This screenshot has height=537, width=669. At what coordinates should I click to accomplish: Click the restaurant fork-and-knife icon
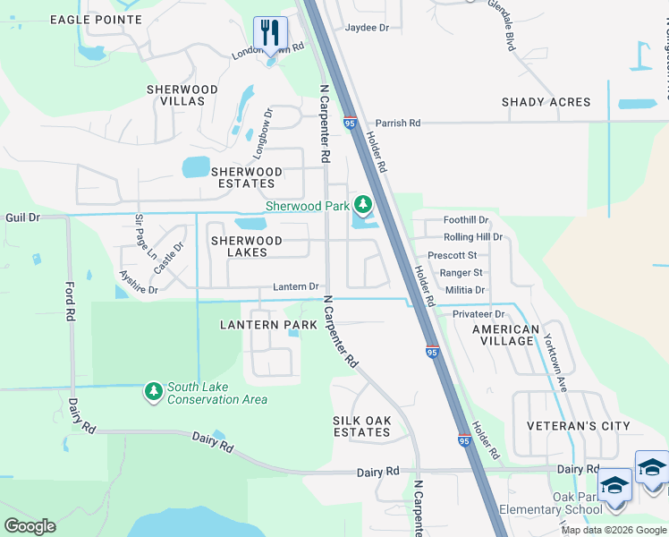tap(270, 33)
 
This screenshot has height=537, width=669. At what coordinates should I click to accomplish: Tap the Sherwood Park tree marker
tap(362, 207)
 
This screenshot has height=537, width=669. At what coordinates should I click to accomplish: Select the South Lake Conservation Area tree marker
tap(154, 392)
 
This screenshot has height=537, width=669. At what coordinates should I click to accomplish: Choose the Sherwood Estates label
tap(246, 177)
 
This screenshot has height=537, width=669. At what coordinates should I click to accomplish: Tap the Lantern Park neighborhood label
tap(268, 324)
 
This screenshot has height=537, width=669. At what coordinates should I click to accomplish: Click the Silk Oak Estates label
tap(361, 426)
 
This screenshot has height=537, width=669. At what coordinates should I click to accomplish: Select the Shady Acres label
tap(546, 102)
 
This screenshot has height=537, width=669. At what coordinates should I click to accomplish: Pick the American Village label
tap(505, 336)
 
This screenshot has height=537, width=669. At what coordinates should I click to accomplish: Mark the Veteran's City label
tap(578, 426)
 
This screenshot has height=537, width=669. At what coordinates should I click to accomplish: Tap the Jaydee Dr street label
tap(368, 28)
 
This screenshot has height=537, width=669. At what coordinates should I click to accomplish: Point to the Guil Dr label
tap(22, 217)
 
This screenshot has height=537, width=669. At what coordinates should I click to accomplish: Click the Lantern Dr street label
tap(296, 286)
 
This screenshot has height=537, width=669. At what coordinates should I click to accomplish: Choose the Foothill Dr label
tap(466, 220)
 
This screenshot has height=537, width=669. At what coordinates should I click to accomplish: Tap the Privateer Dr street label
tap(478, 314)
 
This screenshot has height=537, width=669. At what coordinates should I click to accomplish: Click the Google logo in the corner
tap(30, 526)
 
